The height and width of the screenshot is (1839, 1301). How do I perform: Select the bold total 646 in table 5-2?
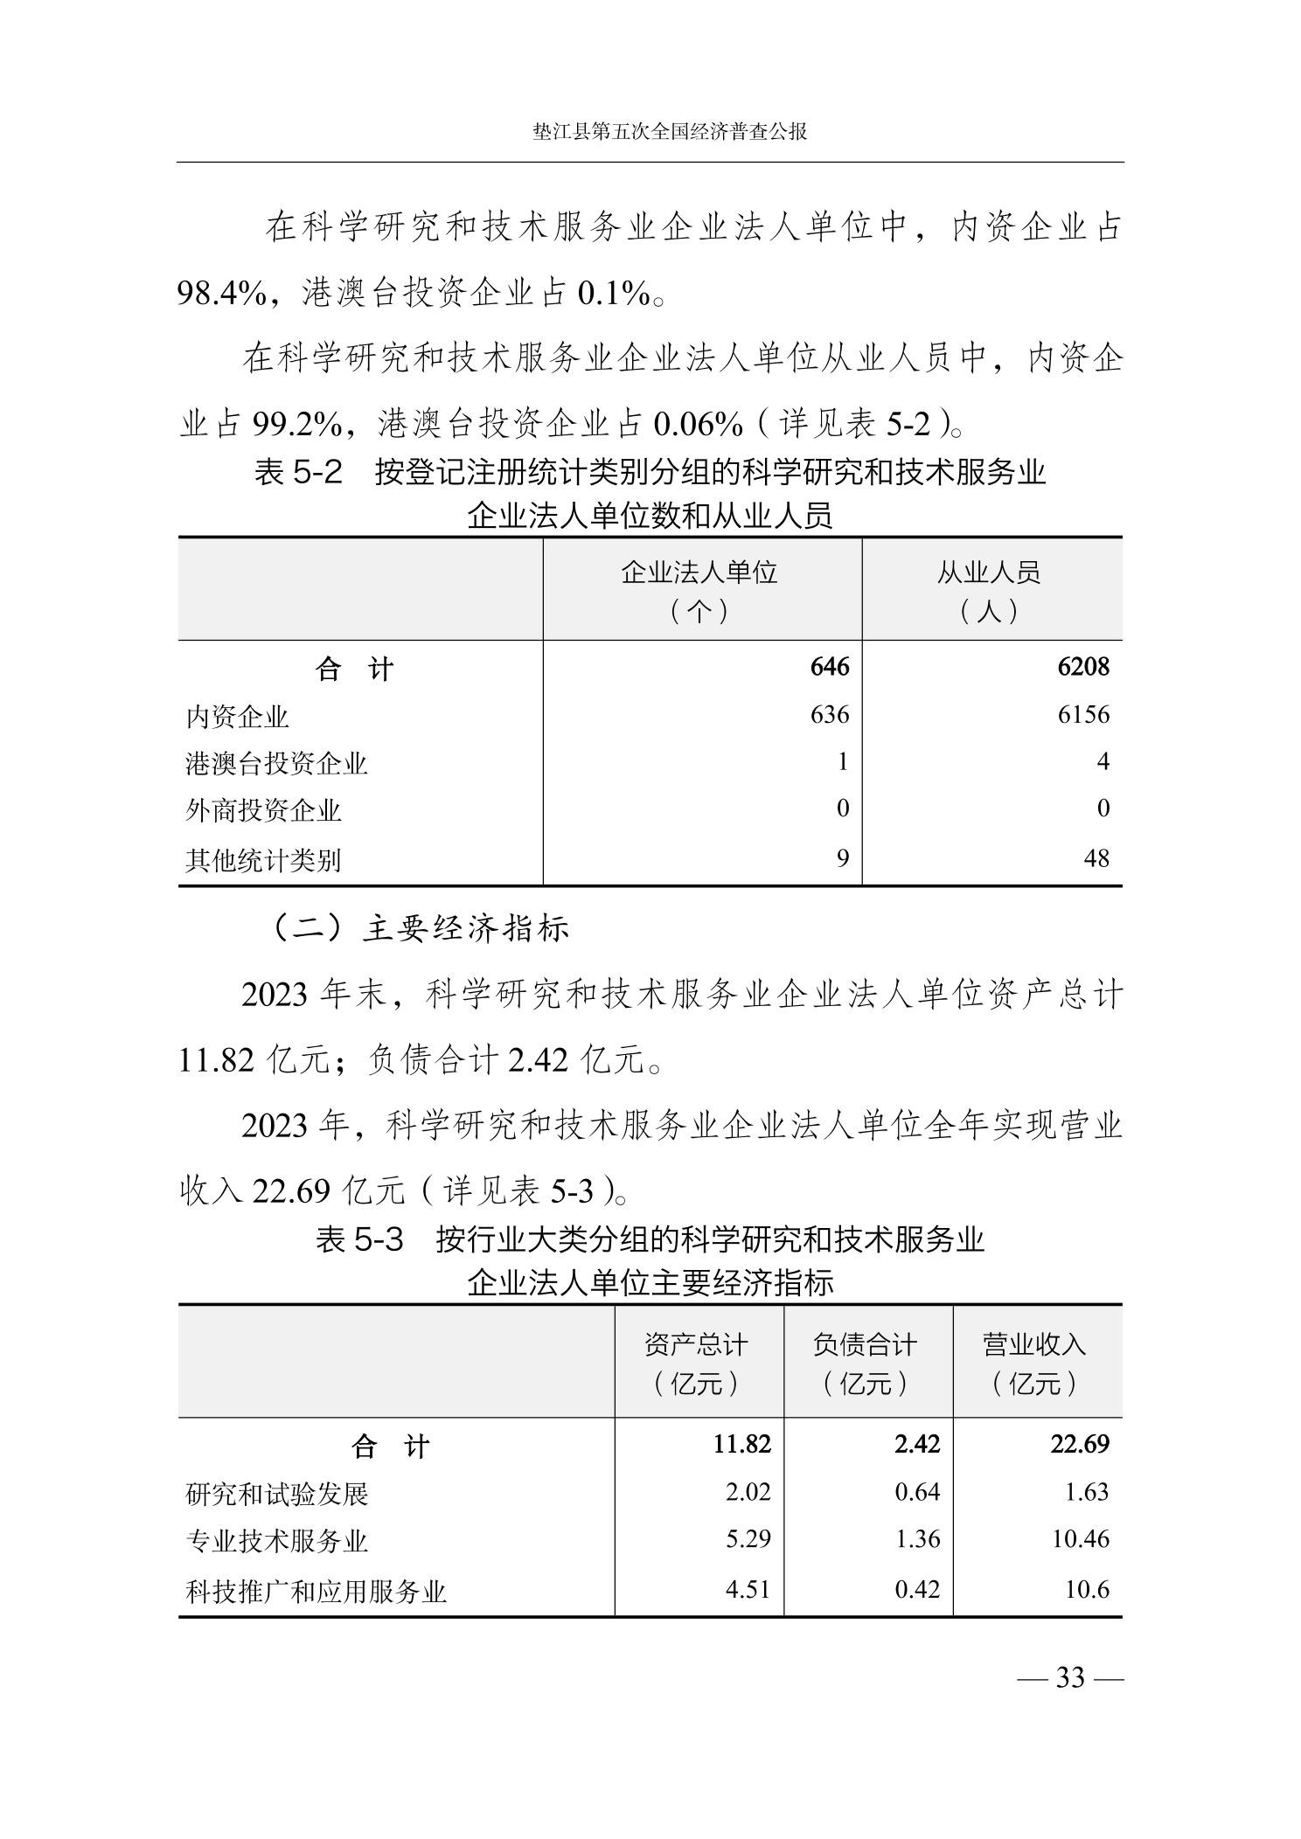tap(829, 667)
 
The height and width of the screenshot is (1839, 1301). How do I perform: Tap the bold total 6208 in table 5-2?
tap(1082, 667)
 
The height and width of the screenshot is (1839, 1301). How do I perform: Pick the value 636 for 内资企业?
tap(829, 715)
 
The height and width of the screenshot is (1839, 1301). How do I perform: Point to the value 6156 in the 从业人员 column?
tap(1082, 715)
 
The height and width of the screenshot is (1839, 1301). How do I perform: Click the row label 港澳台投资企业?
tap(276, 763)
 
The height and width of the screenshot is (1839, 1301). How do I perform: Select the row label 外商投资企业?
tap(263, 810)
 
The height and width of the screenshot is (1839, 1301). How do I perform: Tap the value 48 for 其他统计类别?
tap(1096, 858)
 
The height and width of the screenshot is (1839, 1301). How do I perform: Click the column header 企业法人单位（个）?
tap(699, 592)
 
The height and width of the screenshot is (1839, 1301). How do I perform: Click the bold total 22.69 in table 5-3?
tap(1079, 1443)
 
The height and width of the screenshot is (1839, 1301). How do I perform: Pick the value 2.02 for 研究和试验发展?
tap(748, 1491)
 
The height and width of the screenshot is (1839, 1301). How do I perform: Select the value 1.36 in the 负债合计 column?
tap(916, 1538)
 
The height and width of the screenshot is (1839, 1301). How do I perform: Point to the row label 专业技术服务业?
tap(276, 1540)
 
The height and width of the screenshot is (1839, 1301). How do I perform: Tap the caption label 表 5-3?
tap(359, 1239)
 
